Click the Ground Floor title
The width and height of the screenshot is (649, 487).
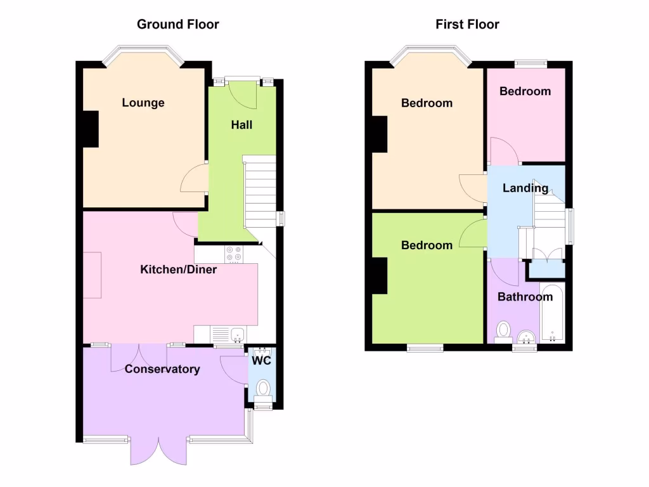coord(178,25)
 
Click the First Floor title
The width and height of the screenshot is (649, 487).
coord(467,25)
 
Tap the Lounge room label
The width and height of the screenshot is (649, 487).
coord(143,103)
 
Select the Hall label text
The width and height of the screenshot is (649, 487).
coord(241,125)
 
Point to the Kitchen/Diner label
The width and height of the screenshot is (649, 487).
coord(178,270)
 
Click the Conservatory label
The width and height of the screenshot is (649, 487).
coord(162,369)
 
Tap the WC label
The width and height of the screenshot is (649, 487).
coord(262,361)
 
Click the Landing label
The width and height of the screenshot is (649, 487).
coord(525,188)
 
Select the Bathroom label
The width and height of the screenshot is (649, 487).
coord(525,297)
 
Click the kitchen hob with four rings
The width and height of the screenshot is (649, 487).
coord(234,253)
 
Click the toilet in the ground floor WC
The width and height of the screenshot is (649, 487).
coord(262,388)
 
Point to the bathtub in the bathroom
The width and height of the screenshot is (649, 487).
coord(552,314)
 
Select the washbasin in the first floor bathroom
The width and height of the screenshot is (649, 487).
coord(525,336)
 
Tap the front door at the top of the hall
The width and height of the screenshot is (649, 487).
coord(242,89)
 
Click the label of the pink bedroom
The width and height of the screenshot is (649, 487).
coord(525,91)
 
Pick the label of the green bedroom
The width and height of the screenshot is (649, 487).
coord(427,245)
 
